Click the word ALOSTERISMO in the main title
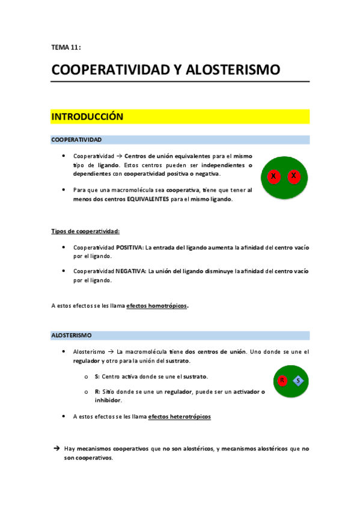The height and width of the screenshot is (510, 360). tap(233, 70)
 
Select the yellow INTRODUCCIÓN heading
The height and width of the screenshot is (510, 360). tap(88, 117)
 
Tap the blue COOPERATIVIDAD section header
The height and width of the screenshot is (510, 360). tap(76, 140)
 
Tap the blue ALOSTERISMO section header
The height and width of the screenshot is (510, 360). tap(72, 335)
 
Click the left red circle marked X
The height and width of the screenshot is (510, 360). tap(273, 176)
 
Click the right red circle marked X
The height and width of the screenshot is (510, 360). tap(293, 176)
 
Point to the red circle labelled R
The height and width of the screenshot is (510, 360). tap(282, 380)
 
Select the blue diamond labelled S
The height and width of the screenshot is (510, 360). tap(298, 380)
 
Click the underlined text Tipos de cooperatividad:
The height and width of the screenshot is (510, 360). tap(85, 231)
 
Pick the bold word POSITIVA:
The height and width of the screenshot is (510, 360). tap(131, 247)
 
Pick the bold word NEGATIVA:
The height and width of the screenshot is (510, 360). tap(131, 271)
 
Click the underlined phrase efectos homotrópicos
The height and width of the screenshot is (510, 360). tap(157, 306)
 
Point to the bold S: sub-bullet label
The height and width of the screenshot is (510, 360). tap(97, 376)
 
